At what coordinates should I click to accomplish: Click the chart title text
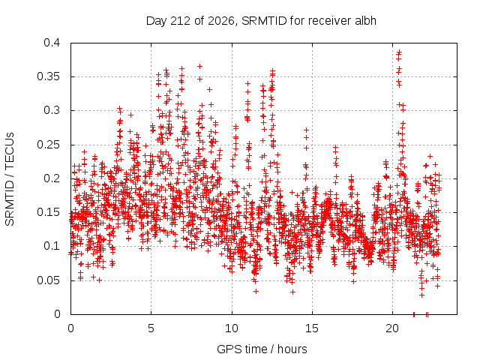coord(261,21)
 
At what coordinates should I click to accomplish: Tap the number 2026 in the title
coord(222,21)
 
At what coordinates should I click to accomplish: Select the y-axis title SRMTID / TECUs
coord(10,179)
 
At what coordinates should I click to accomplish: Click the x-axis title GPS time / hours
coord(262,349)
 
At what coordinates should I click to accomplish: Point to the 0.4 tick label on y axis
coord(52,43)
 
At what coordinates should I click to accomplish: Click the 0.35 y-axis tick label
coord(48,76)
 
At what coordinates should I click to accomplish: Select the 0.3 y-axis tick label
coord(52,110)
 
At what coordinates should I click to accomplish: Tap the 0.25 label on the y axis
coord(48,145)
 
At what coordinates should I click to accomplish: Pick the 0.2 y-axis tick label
coord(52,178)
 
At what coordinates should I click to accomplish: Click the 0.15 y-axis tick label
coord(48,212)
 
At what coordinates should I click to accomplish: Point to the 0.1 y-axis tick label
coord(52,246)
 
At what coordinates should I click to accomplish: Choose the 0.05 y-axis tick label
coord(48,280)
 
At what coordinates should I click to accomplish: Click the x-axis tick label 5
coord(151,328)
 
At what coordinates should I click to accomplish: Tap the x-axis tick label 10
coord(232,328)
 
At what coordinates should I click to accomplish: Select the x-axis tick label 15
coord(312,328)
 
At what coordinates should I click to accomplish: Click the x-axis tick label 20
coord(392,328)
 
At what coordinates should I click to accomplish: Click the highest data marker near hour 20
coord(399,52)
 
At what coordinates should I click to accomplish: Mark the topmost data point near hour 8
coord(200,66)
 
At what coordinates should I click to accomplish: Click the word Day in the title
coord(157,21)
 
